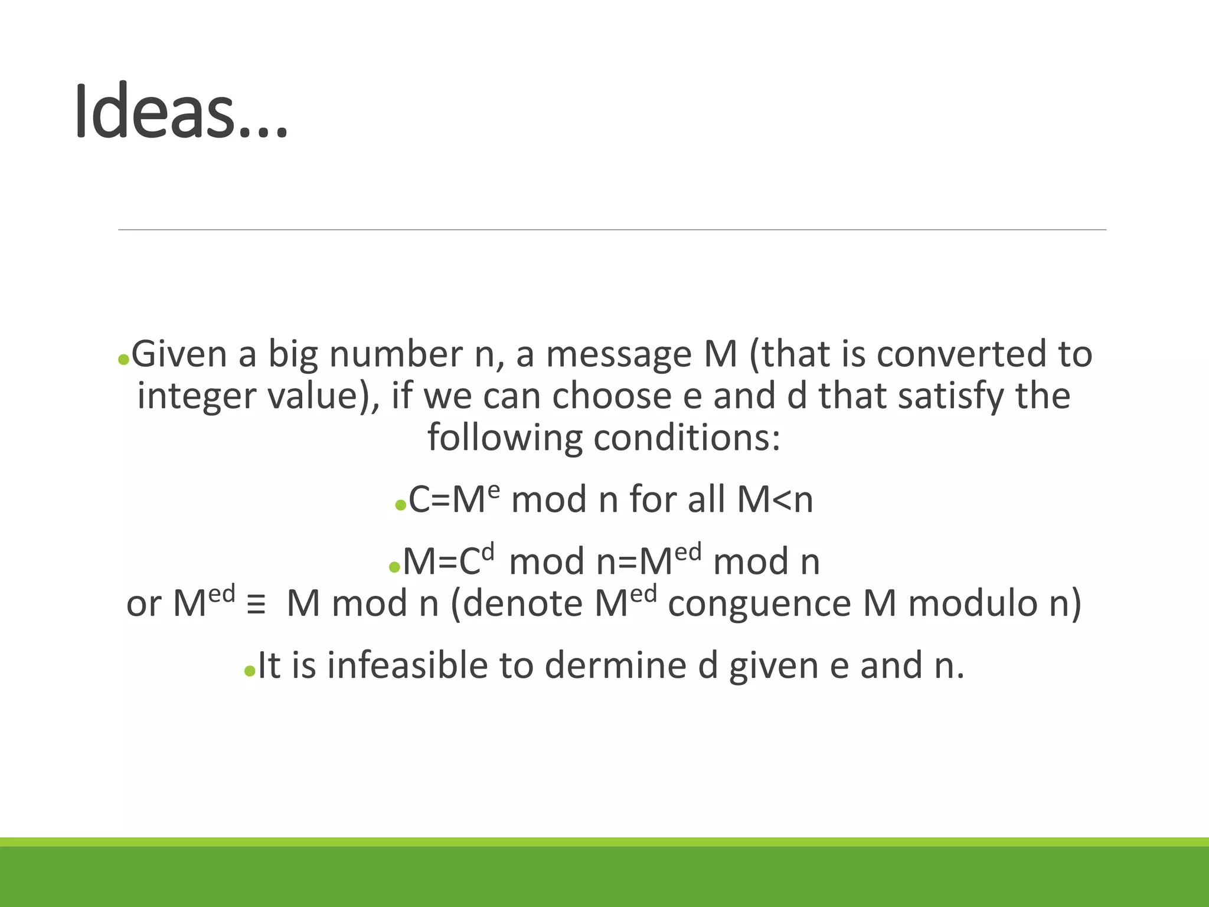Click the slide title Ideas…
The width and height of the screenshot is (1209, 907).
181,112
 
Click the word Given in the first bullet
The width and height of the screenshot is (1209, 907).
179,354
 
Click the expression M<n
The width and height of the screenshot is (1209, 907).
775,500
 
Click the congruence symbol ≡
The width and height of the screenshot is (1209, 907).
256,606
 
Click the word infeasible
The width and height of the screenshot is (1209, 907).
407,665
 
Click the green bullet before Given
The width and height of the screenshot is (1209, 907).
123,360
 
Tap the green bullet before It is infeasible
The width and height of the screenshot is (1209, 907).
250,671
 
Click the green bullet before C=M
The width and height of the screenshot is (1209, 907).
400,505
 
